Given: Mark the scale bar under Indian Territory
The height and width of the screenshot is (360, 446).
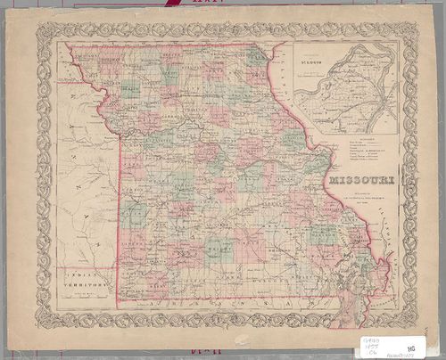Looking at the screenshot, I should point(86,296).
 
